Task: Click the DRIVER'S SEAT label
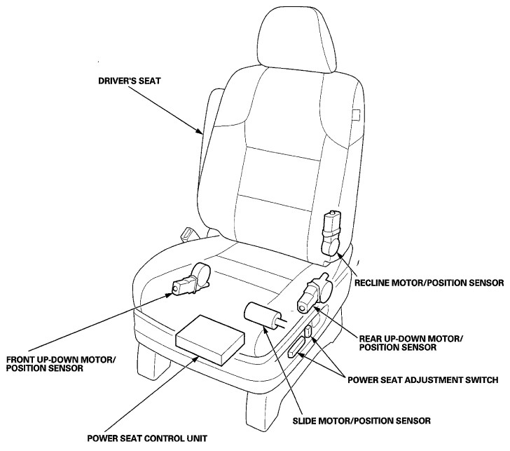130,81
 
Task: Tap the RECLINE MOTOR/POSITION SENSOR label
429,283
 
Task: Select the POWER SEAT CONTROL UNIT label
147,438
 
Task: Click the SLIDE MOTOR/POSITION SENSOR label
361,421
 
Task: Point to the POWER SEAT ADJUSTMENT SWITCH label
423,379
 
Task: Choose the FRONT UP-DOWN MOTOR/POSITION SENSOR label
61,364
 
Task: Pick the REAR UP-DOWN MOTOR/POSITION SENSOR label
411,342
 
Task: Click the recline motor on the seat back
331,232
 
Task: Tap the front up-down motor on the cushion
191,280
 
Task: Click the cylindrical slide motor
263,315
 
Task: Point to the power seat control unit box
210,340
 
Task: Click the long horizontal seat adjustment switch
296,346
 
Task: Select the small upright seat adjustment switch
308,333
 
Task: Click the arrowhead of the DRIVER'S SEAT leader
199,130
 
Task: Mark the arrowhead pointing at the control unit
196,358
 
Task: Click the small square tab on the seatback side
356,115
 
